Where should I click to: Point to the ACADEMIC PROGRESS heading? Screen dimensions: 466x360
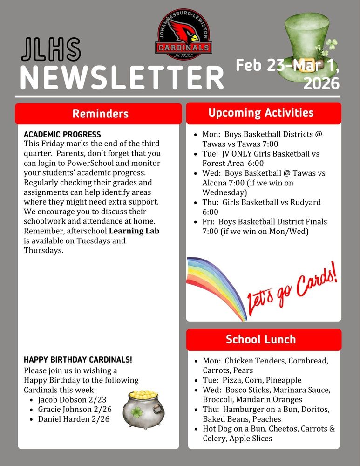point(62,134)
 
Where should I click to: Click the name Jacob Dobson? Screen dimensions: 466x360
point(62,399)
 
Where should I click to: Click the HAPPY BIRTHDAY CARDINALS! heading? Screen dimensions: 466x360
point(78,360)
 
